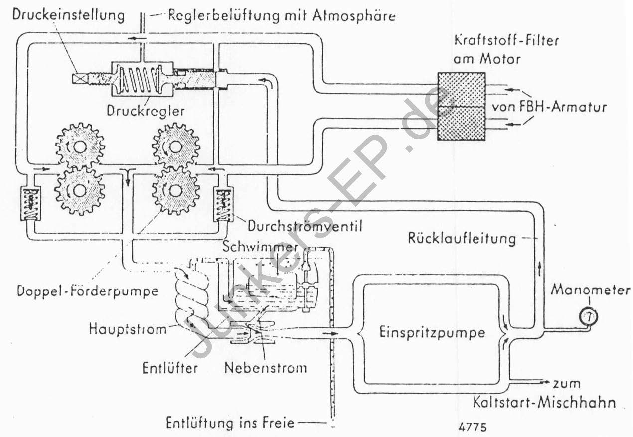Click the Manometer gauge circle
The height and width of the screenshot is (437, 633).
[x=588, y=317]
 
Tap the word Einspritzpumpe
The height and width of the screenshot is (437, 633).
[x=433, y=332]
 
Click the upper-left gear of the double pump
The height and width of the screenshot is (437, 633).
[x=80, y=146]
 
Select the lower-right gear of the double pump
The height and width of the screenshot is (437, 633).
[x=176, y=190]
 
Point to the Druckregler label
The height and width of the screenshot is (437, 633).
[x=146, y=110]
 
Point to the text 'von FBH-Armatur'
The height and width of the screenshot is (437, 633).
[x=549, y=107]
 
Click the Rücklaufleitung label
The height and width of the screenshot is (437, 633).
[x=462, y=238]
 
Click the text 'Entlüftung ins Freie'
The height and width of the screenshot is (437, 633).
[x=230, y=423]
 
